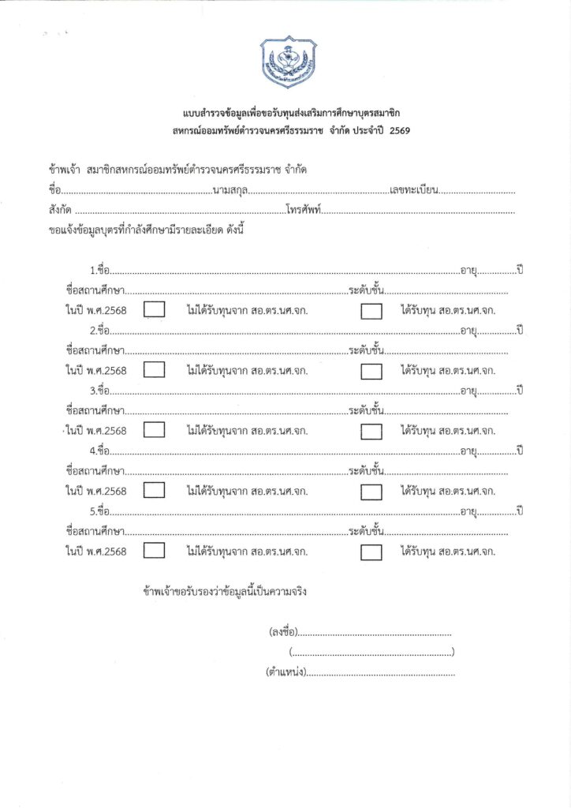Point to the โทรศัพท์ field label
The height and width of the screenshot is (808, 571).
point(304,211)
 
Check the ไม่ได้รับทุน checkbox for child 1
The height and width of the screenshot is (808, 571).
point(155,309)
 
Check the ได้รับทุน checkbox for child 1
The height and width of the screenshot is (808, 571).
point(371,310)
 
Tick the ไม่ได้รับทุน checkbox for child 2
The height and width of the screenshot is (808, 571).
point(155,369)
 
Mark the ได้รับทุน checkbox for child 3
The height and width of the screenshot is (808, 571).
point(371,431)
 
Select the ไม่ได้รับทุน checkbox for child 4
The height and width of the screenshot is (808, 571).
point(155,491)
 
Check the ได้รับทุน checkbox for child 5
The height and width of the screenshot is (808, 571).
point(371,552)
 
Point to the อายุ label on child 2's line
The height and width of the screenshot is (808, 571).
point(469,329)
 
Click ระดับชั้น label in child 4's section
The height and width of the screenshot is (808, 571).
point(366,471)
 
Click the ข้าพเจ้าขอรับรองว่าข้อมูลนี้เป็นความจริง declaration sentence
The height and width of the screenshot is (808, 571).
point(225,590)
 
